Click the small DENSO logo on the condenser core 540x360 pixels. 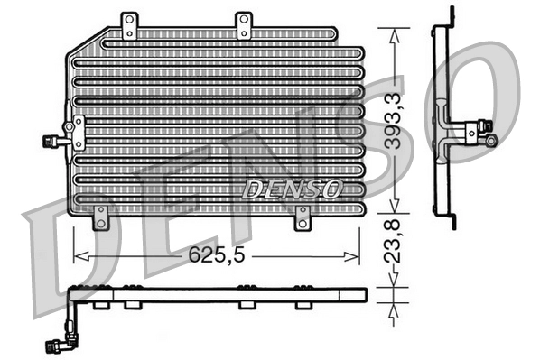[292, 189]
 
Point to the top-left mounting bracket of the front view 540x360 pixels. [130, 26]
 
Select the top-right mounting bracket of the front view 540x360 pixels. [243, 26]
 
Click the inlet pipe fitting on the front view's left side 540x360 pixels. [55, 140]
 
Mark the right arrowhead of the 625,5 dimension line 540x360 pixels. [361, 256]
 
